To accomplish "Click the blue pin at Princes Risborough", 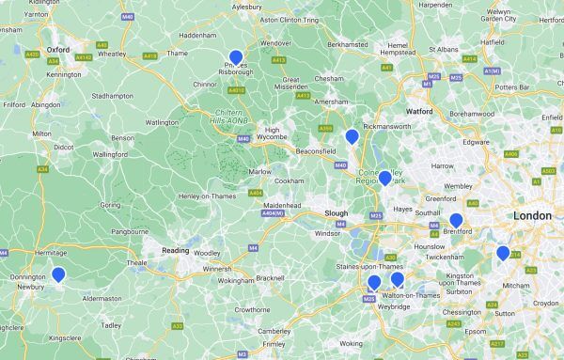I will tap(235, 57).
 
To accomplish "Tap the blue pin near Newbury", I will tap(58, 274).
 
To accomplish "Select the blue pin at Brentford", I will tap(456, 221).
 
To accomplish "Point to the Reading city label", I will tap(176, 251).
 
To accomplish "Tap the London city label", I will tap(532, 216).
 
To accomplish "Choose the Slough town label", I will tap(337, 212).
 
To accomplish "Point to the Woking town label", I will tap(350, 344).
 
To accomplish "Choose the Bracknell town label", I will tap(270, 278).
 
